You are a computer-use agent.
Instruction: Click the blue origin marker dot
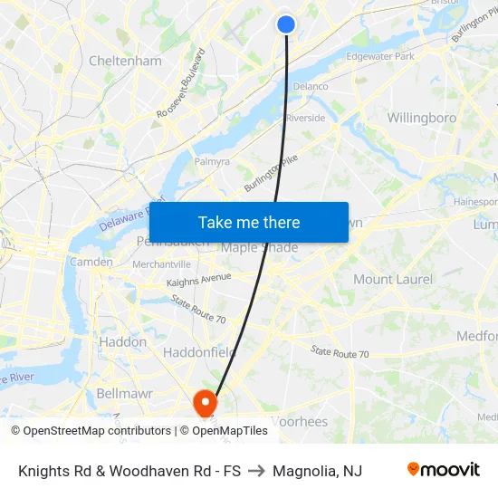point(286,24)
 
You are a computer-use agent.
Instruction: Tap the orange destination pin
point(206,400)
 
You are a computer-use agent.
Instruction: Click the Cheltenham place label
point(125,61)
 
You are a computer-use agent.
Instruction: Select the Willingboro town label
point(421,118)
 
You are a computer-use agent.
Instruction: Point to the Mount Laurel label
point(392,279)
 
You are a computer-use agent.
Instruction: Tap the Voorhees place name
point(299,421)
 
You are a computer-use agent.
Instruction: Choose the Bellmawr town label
point(124,393)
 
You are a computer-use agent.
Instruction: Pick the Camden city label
point(92,262)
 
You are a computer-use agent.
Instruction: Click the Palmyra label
point(212,162)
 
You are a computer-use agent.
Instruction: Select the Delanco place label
point(311,87)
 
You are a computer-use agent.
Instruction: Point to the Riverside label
point(305,118)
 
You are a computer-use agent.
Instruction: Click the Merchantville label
point(161,263)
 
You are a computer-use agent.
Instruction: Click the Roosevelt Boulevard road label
point(180,82)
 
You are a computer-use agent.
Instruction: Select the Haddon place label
point(122,342)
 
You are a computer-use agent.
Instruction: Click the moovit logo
point(443,469)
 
